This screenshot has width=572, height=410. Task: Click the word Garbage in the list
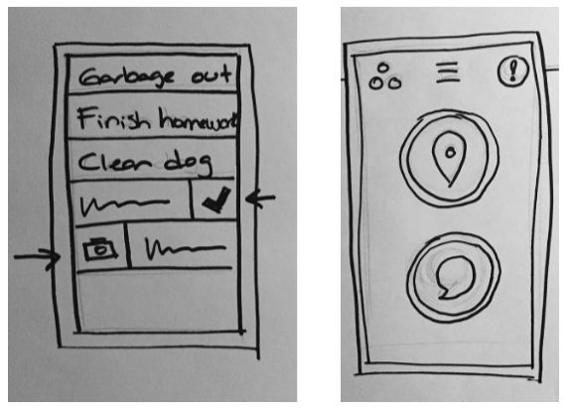[126, 77]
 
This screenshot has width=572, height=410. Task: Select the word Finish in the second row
[113, 118]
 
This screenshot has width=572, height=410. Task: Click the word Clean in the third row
[114, 162]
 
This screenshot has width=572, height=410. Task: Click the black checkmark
[216, 200]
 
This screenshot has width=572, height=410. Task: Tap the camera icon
[100, 249]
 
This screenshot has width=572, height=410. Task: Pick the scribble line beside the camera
[186, 248]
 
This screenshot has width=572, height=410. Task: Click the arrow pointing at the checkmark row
[260, 200]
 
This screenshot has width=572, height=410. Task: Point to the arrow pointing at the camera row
[37, 257]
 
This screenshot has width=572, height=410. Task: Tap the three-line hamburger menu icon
[448, 72]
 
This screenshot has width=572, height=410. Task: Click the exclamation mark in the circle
[513, 70]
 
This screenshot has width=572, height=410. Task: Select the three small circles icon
[385, 76]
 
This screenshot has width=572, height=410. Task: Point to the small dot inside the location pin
[451, 153]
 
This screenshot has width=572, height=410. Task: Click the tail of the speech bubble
[443, 294]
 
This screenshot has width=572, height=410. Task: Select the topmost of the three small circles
[382, 68]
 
